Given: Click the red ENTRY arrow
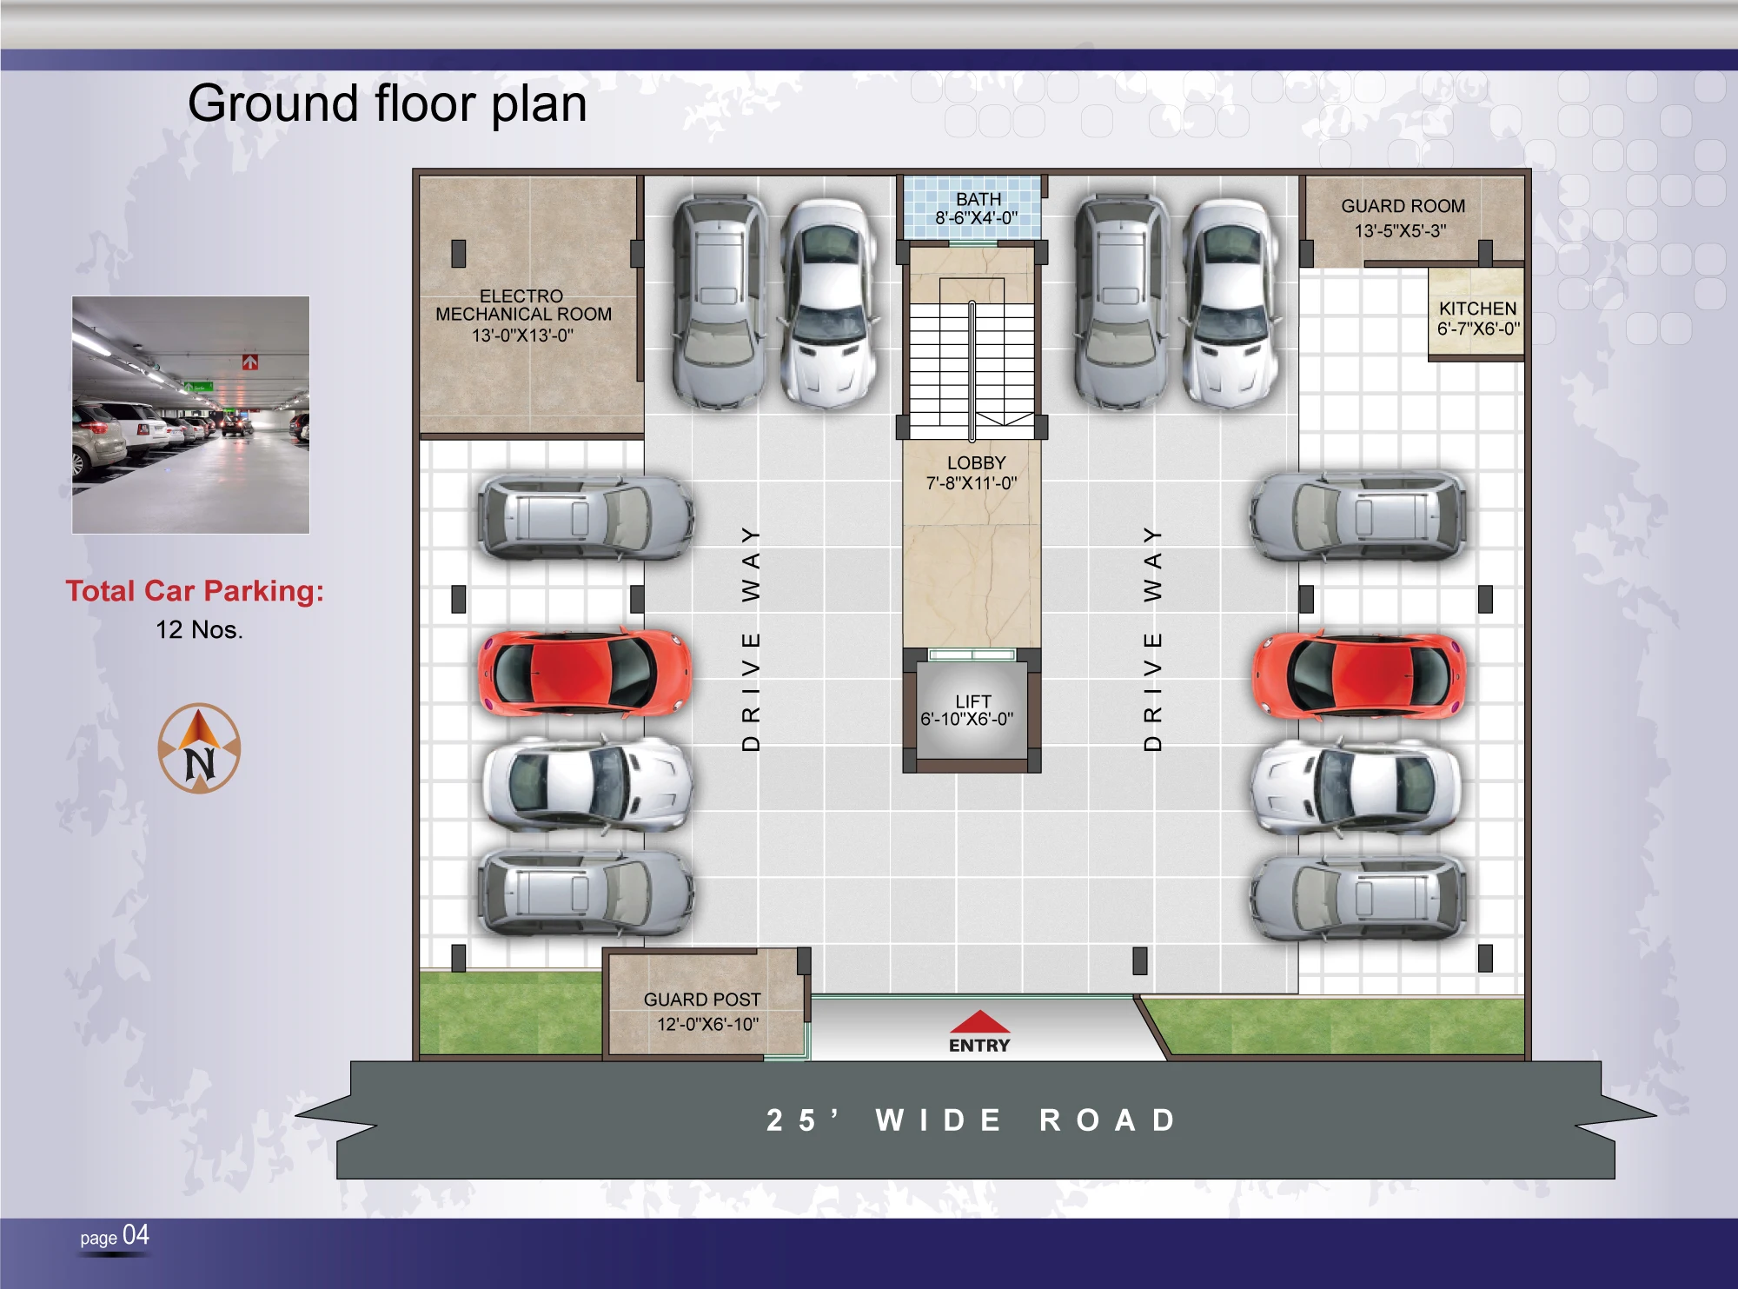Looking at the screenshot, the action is click(979, 1020).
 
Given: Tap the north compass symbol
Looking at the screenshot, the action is click(199, 748).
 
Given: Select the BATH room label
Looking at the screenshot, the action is click(978, 199).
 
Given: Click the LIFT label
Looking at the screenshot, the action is click(972, 701).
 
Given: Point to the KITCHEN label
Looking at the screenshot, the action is click(1477, 309).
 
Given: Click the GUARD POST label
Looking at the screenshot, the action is click(702, 1000).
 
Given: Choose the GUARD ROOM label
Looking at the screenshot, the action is click(1403, 206).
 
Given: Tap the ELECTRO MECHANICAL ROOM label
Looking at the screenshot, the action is click(523, 305).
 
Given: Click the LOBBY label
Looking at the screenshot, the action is click(976, 462).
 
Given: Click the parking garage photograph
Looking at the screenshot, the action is click(190, 415).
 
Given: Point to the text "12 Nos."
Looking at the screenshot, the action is click(199, 629).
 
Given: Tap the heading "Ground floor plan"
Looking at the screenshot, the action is click(388, 103).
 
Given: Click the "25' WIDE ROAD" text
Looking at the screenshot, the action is click(972, 1120).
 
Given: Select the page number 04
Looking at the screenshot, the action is click(136, 1235).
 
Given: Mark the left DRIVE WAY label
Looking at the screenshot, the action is click(751, 638).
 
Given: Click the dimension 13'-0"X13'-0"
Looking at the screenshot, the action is click(522, 335).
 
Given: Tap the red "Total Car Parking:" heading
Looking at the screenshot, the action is click(195, 591).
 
